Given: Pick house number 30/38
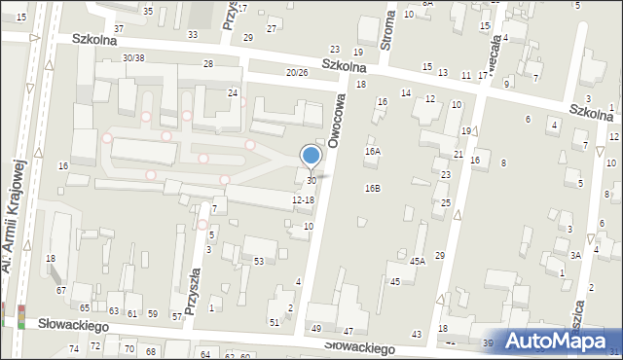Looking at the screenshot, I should [x=134, y=57].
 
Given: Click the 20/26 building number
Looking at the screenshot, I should [x=297, y=72].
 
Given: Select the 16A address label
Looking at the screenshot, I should [x=373, y=152].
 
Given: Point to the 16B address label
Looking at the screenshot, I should [x=373, y=188].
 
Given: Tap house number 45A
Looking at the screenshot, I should [x=418, y=261].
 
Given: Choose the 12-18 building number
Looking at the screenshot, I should [x=303, y=199].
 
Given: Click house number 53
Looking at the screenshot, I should [x=259, y=261].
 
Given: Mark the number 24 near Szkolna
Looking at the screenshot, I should [x=233, y=92].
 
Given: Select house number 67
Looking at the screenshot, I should [x=61, y=290].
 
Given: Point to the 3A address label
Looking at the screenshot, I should [x=575, y=254].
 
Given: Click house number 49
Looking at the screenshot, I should [x=315, y=329].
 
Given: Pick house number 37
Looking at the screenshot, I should [x=119, y=28].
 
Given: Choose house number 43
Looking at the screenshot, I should [x=417, y=334].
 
